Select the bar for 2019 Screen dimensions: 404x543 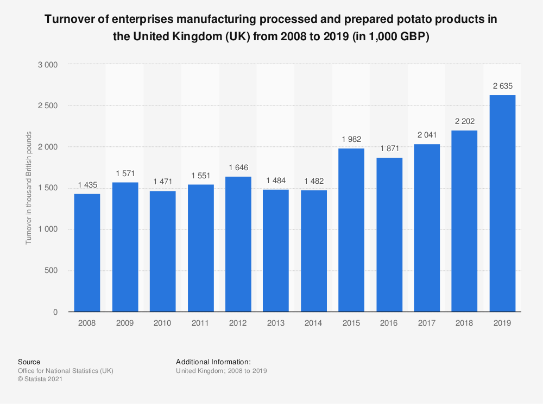click(502, 203)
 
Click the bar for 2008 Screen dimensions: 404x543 click(87, 253)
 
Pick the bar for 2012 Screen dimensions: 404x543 click(238, 244)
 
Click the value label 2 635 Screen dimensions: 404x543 click(502, 86)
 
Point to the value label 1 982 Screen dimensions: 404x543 click(351, 140)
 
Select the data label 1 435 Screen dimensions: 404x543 click(87, 185)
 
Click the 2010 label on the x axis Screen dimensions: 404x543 click(162, 323)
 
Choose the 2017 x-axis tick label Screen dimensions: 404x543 click(427, 323)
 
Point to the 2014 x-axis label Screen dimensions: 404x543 click(313, 323)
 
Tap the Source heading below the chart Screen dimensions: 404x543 click(29, 362)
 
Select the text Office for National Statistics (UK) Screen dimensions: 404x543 click(65, 371)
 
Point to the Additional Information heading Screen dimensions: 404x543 click(213, 362)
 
